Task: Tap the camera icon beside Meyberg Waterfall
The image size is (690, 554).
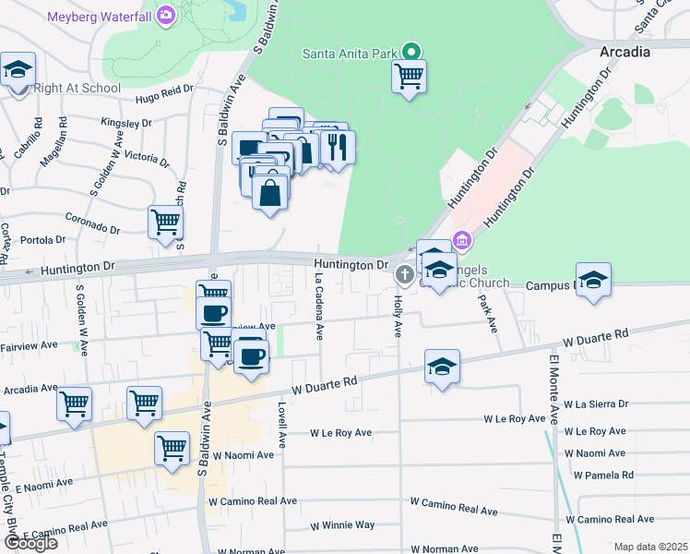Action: tap(166, 15)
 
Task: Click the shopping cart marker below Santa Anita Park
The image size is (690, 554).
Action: tap(409, 77)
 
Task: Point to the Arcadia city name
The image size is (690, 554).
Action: tap(625, 52)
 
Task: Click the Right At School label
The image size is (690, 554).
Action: tap(77, 89)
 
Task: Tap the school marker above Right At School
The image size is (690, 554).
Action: tap(18, 70)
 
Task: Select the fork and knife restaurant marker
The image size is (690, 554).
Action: tap(338, 148)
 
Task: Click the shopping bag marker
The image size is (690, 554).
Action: tap(269, 193)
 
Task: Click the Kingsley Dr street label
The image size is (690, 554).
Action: tap(126, 122)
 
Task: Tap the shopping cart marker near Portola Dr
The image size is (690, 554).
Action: tap(166, 223)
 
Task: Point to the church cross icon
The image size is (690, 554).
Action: tap(404, 274)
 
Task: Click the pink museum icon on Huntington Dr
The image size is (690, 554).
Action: tap(462, 241)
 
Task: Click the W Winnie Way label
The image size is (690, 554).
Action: tap(342, 525)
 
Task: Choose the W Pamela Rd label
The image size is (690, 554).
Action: tap(603, 475)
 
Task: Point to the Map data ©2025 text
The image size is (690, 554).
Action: tap(650, 547)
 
